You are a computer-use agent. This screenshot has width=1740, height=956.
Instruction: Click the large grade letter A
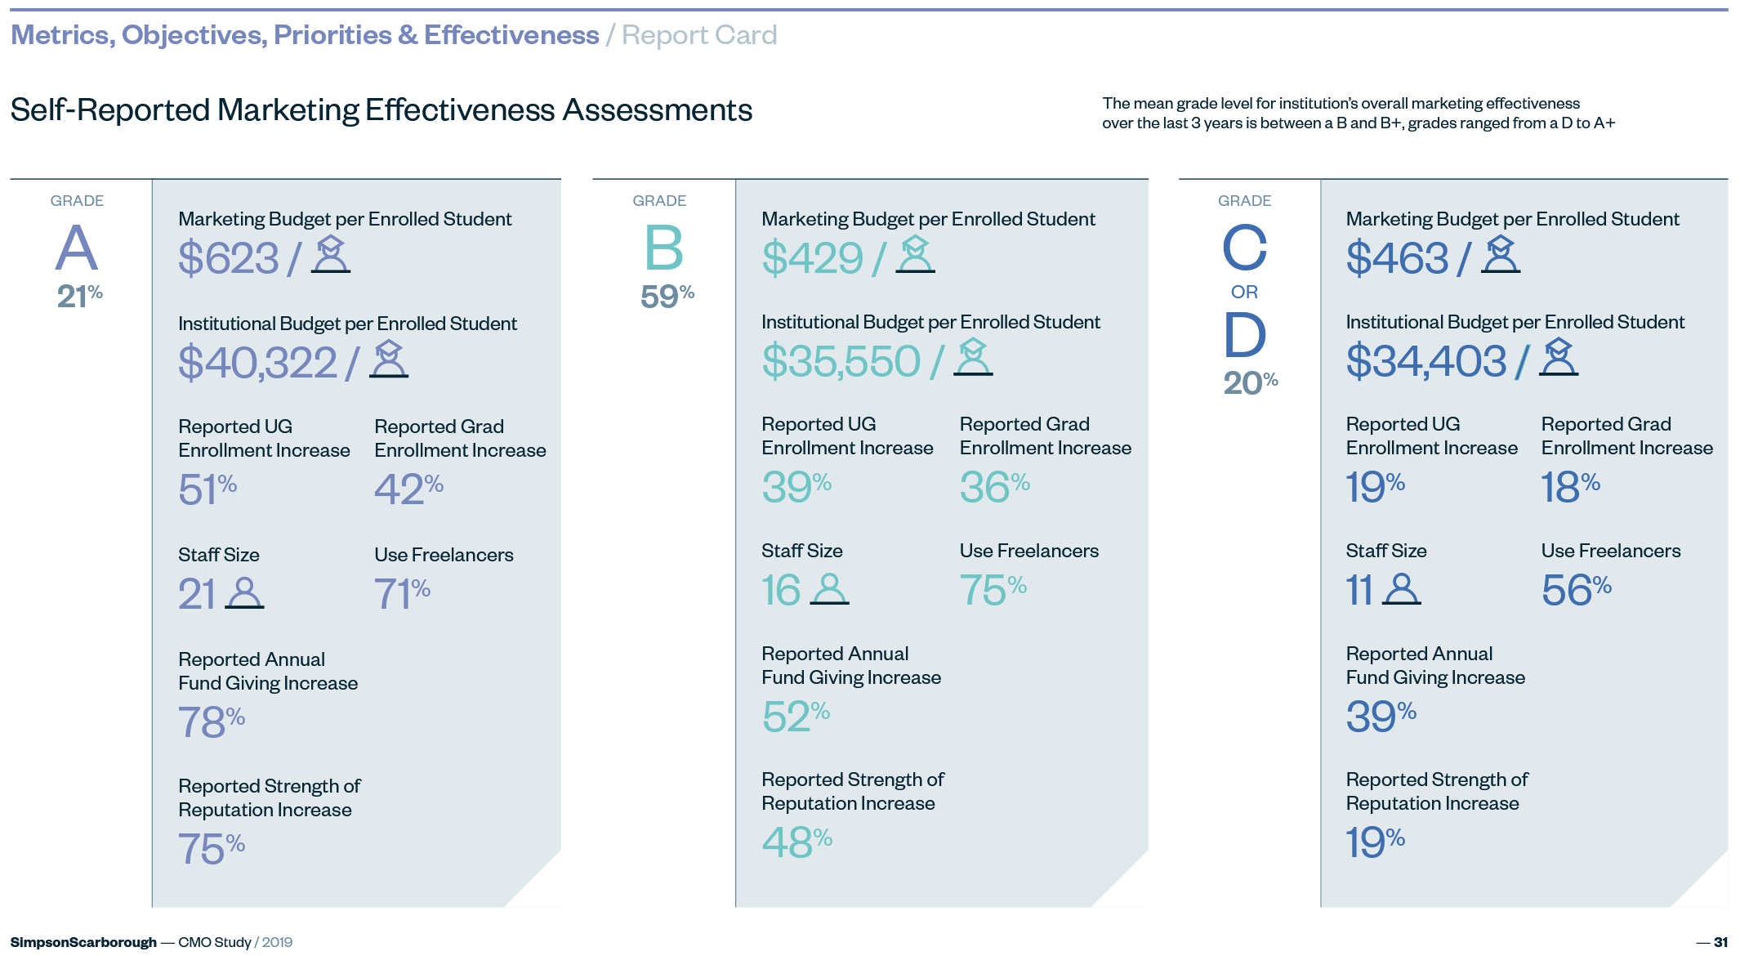pyautogui.click(x=77, y=248)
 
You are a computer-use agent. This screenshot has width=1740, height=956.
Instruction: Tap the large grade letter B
pyautogui.click(x=663, y=248)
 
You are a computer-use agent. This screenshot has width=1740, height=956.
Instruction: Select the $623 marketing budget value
pyautogui.click(x=229, y=258)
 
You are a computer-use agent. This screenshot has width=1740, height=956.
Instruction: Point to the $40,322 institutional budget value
pyautogui.click(x=257, y=362)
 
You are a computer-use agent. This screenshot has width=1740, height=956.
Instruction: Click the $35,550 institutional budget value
pyautogui.click(x=841, y=361)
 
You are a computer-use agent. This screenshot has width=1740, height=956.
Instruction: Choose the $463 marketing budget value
pyautogui.click(x=1397, y=258)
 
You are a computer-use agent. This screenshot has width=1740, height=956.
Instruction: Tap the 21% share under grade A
pyautogui.click(x=79, y=295)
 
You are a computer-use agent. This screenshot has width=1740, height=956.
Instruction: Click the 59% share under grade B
pyautogui.click(x=667, y=295)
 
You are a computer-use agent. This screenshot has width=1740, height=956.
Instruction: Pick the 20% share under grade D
pyautogui.click(x=1250, y=382)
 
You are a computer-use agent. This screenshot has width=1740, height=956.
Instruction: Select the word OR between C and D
pyautogui.click(x=1244, y=292)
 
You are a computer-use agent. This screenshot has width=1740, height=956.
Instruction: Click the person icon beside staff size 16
pyautogui.click(x=829, y=589)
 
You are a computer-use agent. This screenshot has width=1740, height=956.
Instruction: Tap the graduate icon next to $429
pyautogui.click(x=915, y=254)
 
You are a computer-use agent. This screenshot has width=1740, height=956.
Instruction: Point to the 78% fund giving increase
pyautogui.click(x=211, y=721)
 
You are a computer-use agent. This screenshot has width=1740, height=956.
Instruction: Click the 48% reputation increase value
pyautogui.click(x=796, y=842)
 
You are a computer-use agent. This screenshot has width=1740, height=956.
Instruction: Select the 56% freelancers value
pyautogui.click(x=1576, y=589)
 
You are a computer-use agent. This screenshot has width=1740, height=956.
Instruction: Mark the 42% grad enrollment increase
pyautogui.click(x=408, y=489)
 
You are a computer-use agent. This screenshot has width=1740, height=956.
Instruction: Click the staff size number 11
pyautogui.click(x=1359, y=589)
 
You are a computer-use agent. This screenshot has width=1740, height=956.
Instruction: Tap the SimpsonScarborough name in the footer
pyautogui.click(x=83, y=942)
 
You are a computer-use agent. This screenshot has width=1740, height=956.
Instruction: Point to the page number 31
pyautogui.click(x=1720, y=942)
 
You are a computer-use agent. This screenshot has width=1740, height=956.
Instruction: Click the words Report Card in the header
pyautogui.click(x=699, y=35)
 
